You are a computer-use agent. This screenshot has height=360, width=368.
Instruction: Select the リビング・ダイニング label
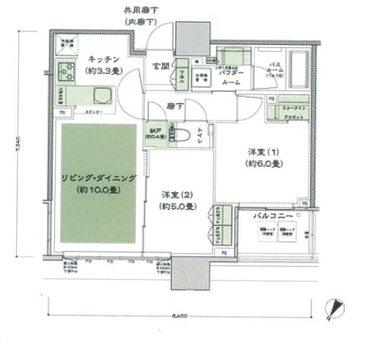[x=99, y=178]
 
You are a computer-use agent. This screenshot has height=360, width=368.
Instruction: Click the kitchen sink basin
[x=101, y=96]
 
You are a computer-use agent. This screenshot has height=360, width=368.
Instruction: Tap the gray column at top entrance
[x=187, y=36]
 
